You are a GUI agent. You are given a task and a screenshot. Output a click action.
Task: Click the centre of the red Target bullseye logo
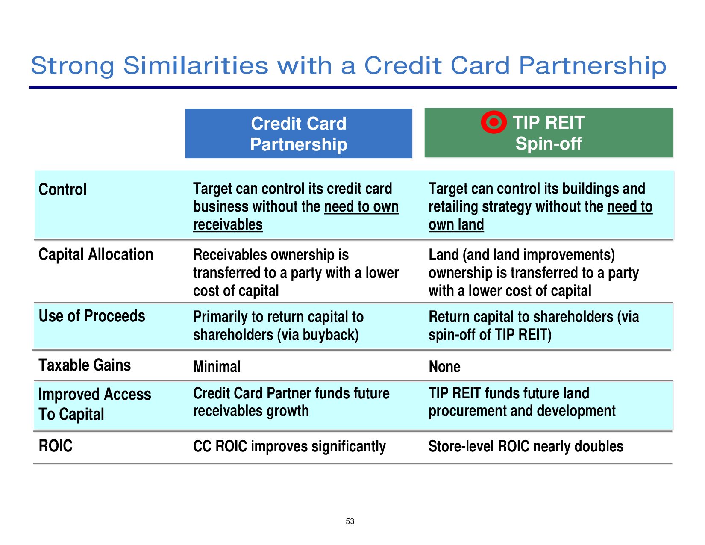click(x=493, y=122)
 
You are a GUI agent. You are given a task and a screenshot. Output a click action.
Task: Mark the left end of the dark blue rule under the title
click(x=29, y=87)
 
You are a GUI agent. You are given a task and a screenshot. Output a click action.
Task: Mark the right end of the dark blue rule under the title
click(x=677, y=87)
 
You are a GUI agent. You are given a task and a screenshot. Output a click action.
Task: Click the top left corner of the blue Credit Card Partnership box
click(x=185, y=109)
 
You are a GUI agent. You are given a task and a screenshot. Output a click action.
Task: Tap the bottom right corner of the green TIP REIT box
click(x=673, y=157)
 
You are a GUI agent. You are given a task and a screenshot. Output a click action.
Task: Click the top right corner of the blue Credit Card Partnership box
click(x=412, y=109)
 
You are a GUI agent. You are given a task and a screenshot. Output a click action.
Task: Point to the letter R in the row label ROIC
click(x=43, y=446)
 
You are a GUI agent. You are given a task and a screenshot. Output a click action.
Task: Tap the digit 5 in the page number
click(x=348, y=521)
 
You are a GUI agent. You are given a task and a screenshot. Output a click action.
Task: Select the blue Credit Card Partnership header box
click(x=299, y=133)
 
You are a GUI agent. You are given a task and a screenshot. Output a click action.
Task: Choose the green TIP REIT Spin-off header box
click(x=549, y=133)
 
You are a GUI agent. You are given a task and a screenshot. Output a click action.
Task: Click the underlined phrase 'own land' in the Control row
click(x=456, y=224)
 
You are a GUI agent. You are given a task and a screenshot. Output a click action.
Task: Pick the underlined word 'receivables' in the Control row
click(x=228, y=224)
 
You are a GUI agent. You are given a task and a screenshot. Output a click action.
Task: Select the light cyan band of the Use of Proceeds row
click(x=353, y=327)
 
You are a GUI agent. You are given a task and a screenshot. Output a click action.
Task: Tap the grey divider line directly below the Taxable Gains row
click(x=353, y=380)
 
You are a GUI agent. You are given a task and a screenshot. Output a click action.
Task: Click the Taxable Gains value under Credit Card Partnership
click(x=217, y=367)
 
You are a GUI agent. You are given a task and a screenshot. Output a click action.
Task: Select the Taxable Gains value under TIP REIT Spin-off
click(x=444, y=367)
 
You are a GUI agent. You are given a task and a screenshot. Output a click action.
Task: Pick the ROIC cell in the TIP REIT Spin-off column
click(x=526, y=446)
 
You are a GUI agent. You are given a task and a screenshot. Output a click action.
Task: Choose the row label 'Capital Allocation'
click(x=96, y=254)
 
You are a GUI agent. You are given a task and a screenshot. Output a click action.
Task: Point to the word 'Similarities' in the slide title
click(x=196, y=65)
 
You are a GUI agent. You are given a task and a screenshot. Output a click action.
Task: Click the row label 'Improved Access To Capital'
click(x=95, y=404)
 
